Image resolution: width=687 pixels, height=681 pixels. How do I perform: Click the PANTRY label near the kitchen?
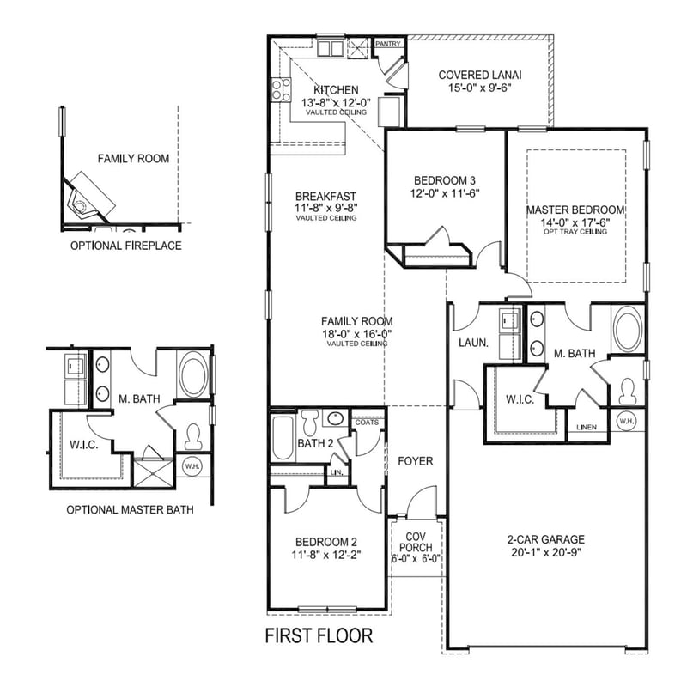pos(390,43)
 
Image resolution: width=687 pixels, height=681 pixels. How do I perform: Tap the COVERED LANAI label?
pos(480,74)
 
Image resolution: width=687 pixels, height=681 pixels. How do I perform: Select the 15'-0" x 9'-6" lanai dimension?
pos(480,88)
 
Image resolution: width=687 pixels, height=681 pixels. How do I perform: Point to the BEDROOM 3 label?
pos(444,180)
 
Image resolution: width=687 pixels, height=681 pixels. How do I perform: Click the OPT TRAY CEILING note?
pos(575,231)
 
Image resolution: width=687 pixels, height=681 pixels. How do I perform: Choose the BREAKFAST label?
pos(325,196)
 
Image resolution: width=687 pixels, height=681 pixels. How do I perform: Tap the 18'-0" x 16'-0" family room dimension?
pos(356,333)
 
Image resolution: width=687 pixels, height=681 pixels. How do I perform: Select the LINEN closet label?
pos(588,426)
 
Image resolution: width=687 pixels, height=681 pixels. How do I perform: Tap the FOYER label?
pos(416,461)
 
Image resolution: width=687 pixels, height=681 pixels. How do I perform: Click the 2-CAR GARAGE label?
pos(545,540)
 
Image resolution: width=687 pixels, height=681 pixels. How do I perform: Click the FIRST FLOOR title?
pos(319,636)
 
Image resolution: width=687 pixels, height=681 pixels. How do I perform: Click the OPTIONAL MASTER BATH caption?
pos(130,509)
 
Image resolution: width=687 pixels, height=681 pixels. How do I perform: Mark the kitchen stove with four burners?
pos(279,88)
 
